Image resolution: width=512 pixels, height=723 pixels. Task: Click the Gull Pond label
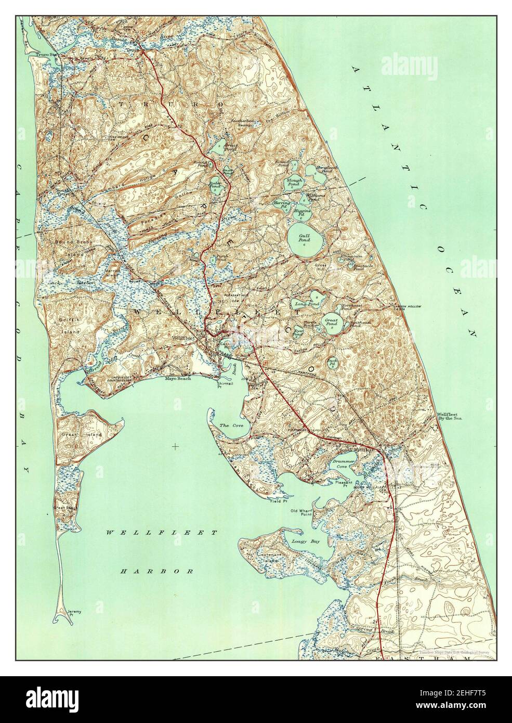[305, 239]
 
